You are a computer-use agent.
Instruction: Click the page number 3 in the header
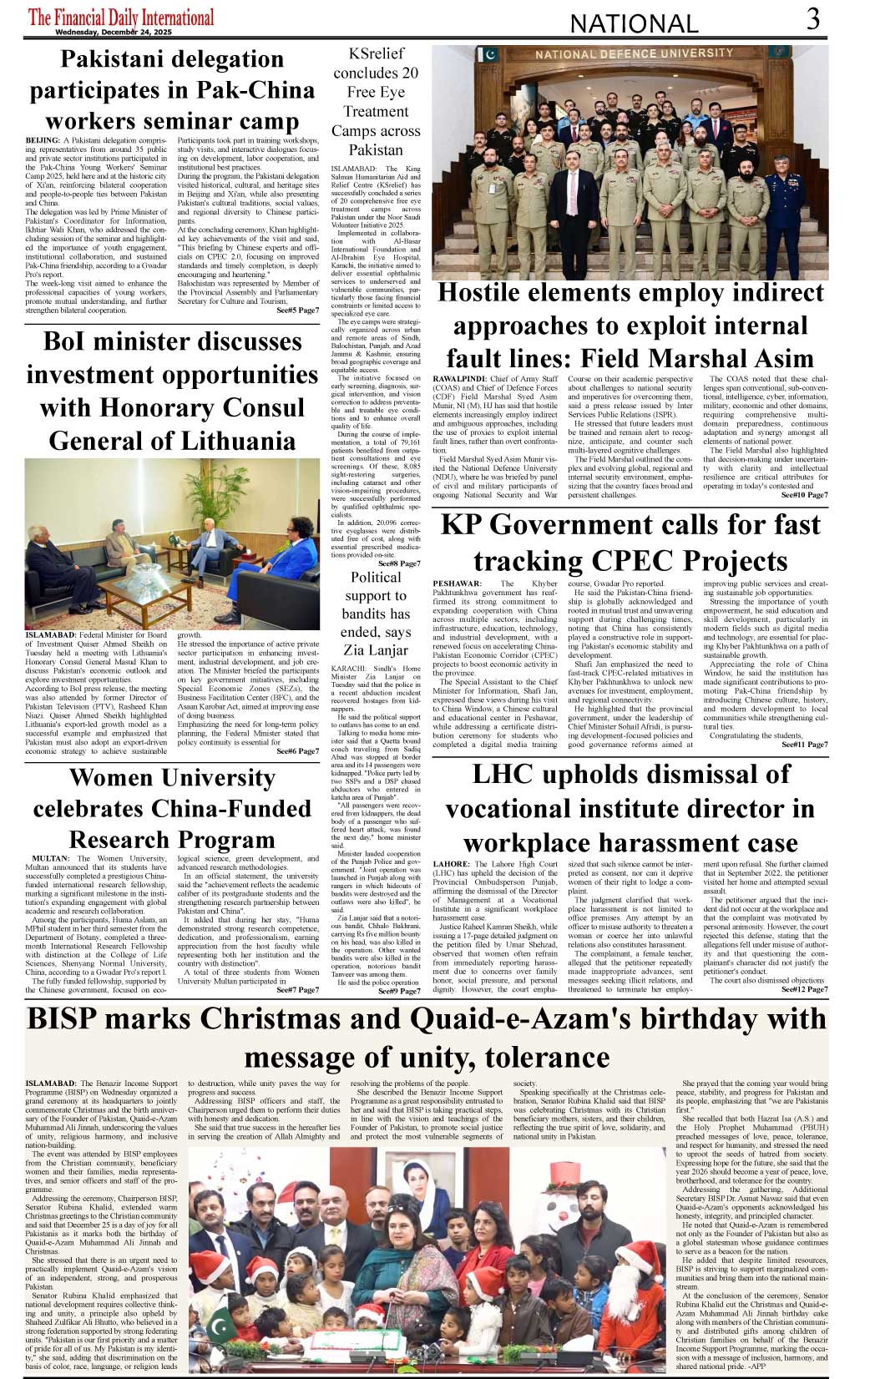point(813,19)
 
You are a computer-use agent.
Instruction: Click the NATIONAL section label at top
point(634,23)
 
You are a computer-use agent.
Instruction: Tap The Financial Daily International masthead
point(121,17)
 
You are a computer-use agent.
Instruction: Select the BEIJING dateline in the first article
point(43,140)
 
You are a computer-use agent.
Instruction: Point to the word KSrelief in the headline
point(376,53)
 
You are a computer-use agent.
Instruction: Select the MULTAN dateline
point(51,858)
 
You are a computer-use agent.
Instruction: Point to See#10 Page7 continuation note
point(804,495)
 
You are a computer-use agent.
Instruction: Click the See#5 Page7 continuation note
point(297,311)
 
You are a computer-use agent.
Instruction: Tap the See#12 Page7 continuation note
point(804,989)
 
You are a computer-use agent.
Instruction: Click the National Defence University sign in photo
point(635,54)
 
